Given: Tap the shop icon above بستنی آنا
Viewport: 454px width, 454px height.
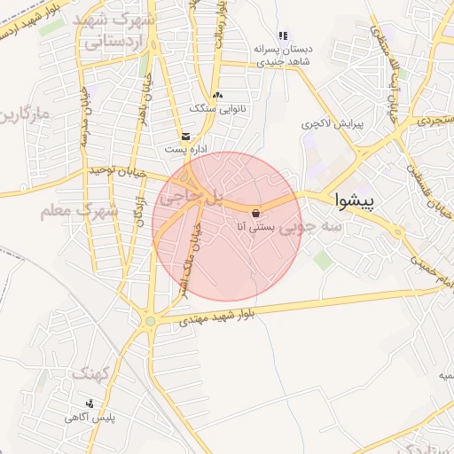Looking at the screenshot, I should tap(256, 214).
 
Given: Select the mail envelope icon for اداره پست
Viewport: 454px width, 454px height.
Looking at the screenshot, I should tap(186, 137).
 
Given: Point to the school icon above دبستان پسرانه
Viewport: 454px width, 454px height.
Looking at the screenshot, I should tap(283, 36).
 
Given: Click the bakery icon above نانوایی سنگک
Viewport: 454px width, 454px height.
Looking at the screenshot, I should tap(218, 95).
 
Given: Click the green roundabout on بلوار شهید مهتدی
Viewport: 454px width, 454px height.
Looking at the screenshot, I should tap(151, 321).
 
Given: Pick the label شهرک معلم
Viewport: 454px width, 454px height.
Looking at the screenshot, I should tap(80, 211).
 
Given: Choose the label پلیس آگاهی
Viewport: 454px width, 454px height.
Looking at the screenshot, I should tap(90, 416).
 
